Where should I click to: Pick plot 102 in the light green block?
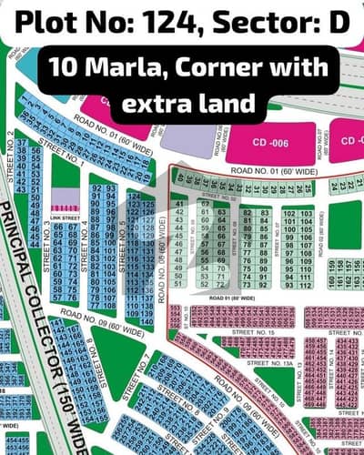click(290, 212)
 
